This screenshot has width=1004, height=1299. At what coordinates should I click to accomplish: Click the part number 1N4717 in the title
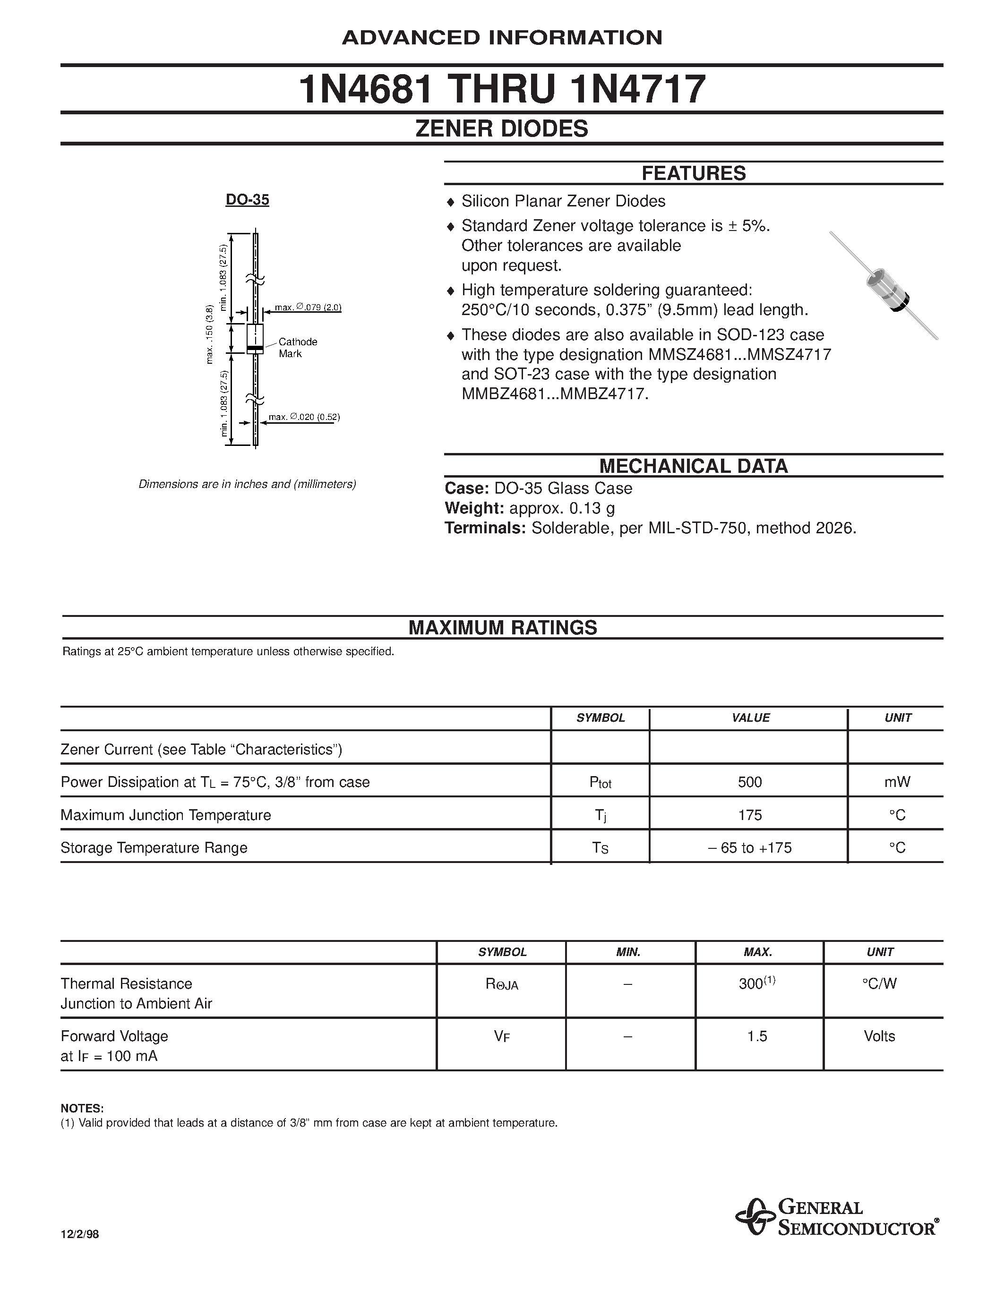click(x=638, y=90)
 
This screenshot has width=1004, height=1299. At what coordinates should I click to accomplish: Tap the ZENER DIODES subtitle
click(x=501, y=129)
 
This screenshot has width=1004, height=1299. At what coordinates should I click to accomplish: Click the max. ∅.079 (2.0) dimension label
click(x=308, y=308)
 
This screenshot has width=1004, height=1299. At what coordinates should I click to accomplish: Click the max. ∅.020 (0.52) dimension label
click(x=304, y=417)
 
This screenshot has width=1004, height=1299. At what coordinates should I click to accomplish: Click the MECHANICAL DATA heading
click(x=693, y=466)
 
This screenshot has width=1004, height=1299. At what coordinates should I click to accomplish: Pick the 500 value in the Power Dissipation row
click(x=749, y=782)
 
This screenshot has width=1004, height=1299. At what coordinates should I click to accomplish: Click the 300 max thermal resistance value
click(x=751, y=984)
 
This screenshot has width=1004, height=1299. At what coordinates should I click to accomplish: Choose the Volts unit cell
click(x=879, y=1036)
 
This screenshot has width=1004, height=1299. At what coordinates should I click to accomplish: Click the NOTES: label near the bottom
click(x=82, y=1109)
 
